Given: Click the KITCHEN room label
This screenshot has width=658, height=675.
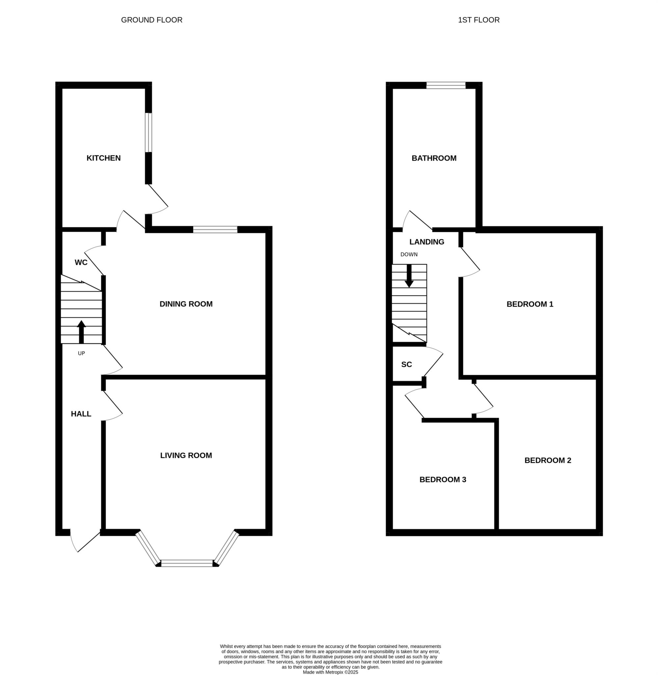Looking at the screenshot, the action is tap(103, 158).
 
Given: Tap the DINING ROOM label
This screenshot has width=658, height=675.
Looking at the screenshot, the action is tap(186, 304).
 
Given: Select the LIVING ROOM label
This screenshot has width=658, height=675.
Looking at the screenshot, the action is tap(186, 455).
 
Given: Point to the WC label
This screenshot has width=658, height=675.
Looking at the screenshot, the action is tap(81, 262).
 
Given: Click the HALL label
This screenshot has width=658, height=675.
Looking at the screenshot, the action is tap(81, 414).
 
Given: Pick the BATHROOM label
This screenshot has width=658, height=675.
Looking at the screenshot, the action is tap(434, 158).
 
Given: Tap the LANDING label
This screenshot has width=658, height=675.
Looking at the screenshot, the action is tap(427, 242).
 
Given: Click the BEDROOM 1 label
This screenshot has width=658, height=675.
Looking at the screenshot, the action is tap(530, 304).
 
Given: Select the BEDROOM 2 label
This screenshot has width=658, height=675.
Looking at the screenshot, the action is tap(548, 460).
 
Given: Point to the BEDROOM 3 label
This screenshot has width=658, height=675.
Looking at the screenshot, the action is tap(443, 480).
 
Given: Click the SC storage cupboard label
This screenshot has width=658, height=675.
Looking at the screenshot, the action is tap(407, 365).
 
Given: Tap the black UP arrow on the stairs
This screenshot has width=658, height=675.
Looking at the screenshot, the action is tap(81, 332).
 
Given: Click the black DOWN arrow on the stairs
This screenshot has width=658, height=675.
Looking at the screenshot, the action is tap(409, 276).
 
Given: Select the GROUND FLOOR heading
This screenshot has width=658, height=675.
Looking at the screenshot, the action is tap(152, 20).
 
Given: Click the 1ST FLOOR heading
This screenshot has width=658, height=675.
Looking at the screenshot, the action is tap(479, 20).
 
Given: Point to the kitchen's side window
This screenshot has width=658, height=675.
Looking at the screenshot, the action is tap(148, 132).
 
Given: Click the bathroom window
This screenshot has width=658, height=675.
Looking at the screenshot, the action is tap(446, 85).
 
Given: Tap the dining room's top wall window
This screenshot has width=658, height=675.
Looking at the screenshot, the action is tap(215, 229).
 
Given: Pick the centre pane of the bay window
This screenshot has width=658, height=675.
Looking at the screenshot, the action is tap(187, 563).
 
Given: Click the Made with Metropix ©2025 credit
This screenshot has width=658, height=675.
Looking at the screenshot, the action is tap(330, 672).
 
